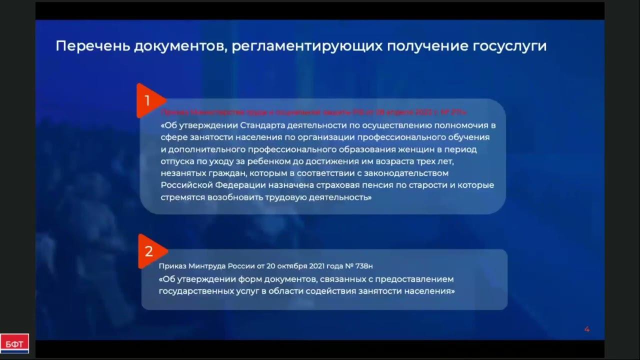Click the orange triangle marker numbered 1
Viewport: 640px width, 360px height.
tap(148, 101)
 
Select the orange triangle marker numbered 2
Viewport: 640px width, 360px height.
tap(149, 251)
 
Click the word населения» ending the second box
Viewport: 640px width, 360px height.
tap(430, 291)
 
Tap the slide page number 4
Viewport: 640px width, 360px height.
tap(587, 329)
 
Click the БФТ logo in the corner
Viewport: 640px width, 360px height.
tap(14, 343)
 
